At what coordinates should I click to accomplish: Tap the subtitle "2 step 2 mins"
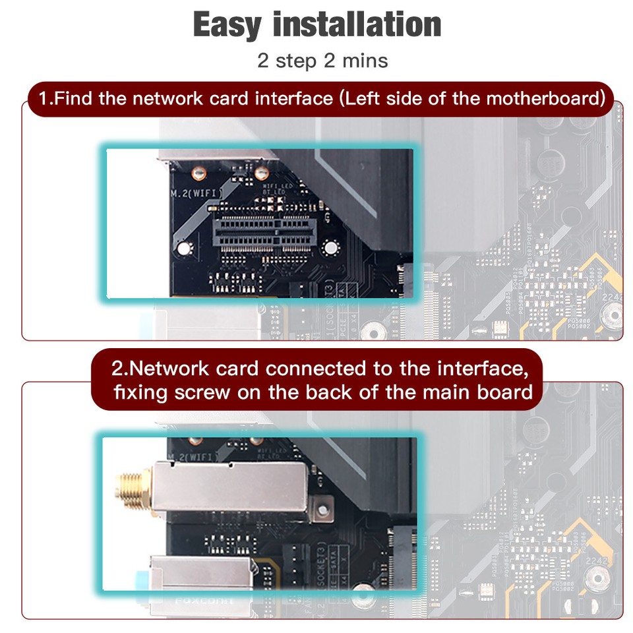322,61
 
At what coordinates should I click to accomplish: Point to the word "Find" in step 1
75,99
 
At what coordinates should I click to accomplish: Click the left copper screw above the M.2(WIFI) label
195,173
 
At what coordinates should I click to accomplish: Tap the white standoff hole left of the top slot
185,249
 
